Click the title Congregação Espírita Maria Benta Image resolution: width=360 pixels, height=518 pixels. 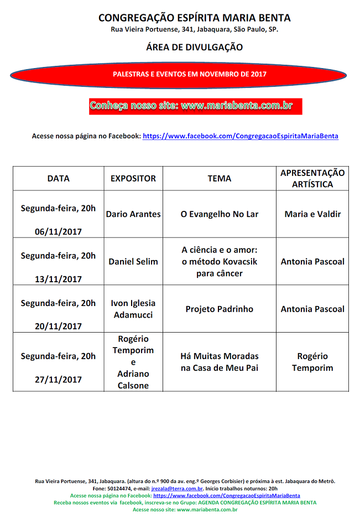pos(194,18)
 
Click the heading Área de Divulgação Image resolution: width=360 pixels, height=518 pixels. pos(194,47)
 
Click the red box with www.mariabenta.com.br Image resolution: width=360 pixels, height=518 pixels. pos(196,106)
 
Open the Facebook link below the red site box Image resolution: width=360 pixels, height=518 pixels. pos(241,136)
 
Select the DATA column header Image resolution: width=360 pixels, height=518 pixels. pos(58,178)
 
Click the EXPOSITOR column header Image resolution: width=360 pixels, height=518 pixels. pos(133,178)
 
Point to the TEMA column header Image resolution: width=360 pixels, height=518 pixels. pos(220,178)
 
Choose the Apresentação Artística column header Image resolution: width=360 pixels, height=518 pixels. pos(312,178)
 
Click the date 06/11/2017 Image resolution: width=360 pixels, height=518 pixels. pos(58,231)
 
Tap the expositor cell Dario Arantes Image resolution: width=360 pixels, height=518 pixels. pos(133,214)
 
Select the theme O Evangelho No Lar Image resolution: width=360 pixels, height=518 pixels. pos(220,214)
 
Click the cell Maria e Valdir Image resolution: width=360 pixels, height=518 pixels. pos(312,214)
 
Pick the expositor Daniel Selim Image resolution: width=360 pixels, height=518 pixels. pos(133,261)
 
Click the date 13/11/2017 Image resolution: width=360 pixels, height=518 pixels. pos(58,279)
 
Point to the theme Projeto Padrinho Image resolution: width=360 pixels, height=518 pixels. pos(220,309)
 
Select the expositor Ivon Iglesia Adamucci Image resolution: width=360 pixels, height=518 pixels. pos(133,309)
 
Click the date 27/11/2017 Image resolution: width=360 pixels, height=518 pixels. pos(58,380)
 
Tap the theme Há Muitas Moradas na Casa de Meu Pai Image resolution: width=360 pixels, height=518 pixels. pos(220,362)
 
